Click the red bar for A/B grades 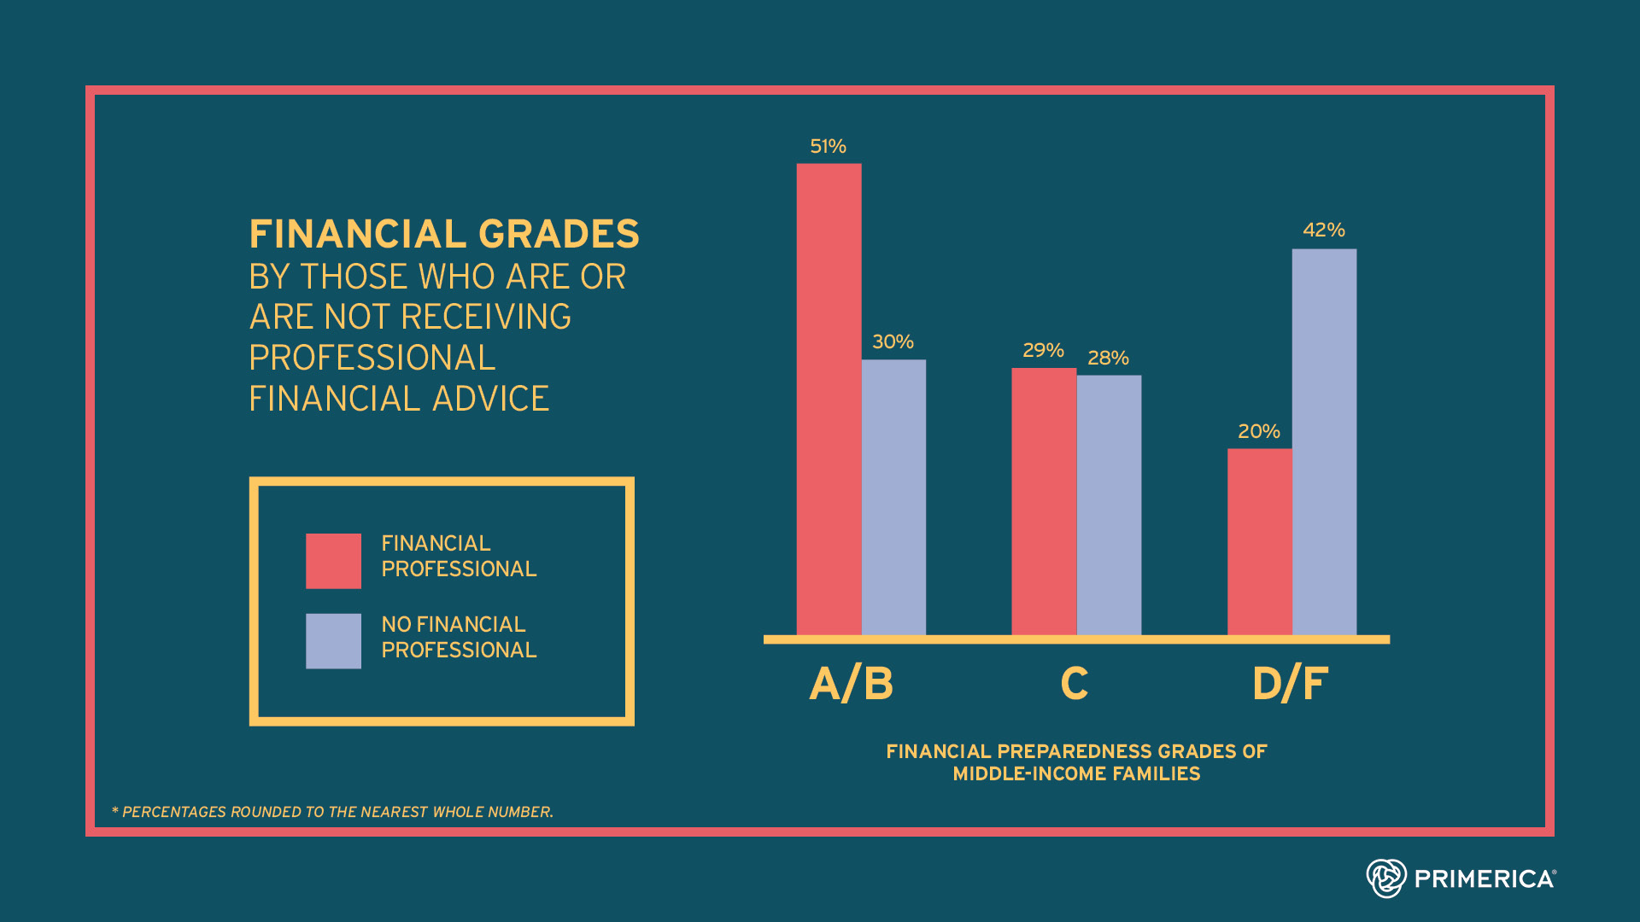(829, 399)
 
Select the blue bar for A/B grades (893, 497)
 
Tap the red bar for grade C (1044, 501)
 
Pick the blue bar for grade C (1109, 505)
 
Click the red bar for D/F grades (1260, 542)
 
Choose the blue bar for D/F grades (1324, 441)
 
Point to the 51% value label (828, 147)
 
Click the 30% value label (893, 341)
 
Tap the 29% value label (1043, 350)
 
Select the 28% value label (1108, 358)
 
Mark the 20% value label (1259, 431)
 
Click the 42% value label (1323, 230)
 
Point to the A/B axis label (852, 684)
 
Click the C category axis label (1075, 684)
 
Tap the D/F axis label (1290, 684)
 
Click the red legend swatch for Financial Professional (333, 561)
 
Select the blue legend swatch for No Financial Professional (333, 641)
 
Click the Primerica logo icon (1385, 878)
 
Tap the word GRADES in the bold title (559, 234)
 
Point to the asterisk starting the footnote (115, 809)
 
